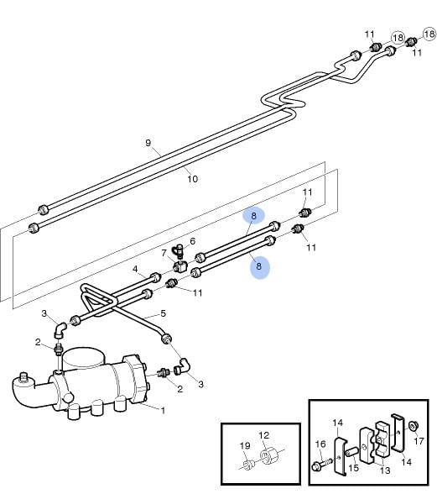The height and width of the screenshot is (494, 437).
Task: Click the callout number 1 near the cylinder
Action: click(x=163, y=411)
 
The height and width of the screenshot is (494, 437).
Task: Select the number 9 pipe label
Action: click(x=148, y=143)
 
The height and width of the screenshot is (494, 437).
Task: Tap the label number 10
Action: click(x=193, y=179)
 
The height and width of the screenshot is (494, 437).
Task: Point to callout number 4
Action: click(x=135, y=269)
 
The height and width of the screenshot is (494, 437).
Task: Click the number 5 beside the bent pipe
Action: click(x=163, y=313)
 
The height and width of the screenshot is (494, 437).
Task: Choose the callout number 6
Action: click(x=193, y=241)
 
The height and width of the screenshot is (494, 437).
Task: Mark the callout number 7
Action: click(x=164, y=253)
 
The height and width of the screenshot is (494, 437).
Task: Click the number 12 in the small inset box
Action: click(x=264, y=435)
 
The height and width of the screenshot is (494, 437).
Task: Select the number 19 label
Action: click(x=245, y=446)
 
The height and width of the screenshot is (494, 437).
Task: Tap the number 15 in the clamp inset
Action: click(x=354, y=467)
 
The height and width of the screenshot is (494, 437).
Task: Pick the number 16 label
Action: click(x=320, y=444)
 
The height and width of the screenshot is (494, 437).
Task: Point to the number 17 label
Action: click(x=419, y=441)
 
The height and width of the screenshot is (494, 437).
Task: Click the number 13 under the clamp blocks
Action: click(x=385, y=470)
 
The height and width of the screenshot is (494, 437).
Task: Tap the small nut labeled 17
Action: click(x=412, y=426)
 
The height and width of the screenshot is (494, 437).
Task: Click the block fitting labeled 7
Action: click(x=180, y=266)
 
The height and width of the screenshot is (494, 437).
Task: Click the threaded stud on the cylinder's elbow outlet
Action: click(x=23, y=376)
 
